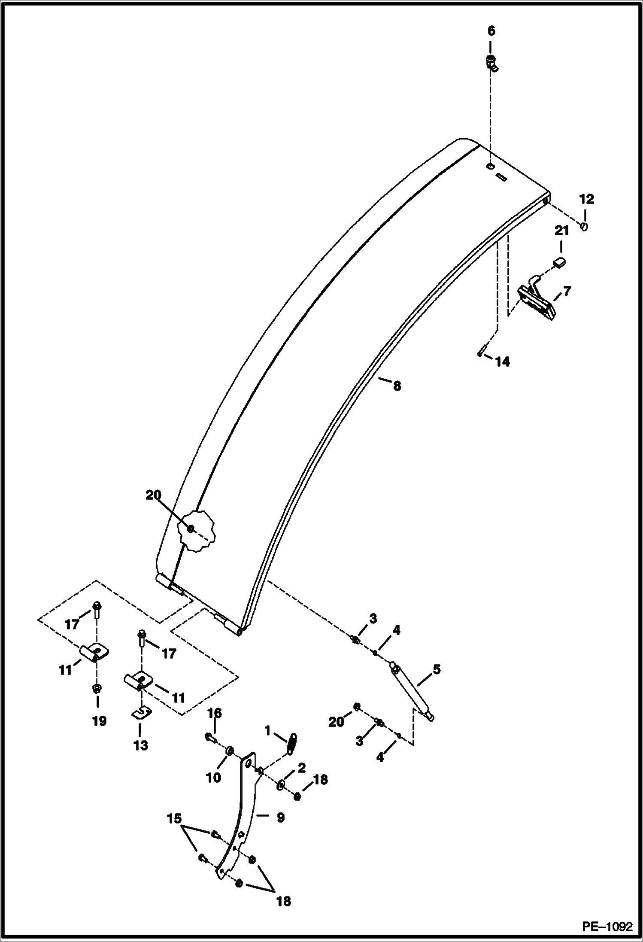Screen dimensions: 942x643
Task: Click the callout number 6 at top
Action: coord(491,31)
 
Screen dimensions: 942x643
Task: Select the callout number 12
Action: coord(586,199)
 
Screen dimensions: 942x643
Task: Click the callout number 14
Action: coord(502,362)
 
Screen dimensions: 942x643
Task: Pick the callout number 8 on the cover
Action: coord(397,386)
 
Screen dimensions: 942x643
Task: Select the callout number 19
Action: coord(99,721)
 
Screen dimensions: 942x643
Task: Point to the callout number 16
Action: coord(215,713)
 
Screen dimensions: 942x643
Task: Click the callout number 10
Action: coord(213,777)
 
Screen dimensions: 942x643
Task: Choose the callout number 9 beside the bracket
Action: coord(280,817)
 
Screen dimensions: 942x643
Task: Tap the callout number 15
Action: coord(174,819)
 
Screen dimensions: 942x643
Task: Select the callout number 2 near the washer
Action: coord(301,768)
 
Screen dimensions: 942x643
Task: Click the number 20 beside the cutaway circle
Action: coord(153,495)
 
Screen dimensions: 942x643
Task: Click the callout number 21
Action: coord(561,231)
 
